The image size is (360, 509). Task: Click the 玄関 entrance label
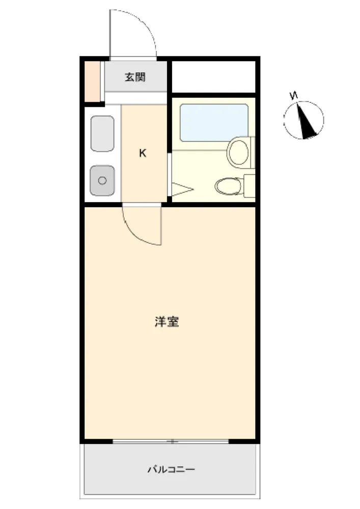pos(135,77)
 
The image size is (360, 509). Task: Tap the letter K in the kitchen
pos(143,153)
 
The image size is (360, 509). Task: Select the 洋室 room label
pos(167,322)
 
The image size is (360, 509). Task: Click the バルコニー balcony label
pos(172,469)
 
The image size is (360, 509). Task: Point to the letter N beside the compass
pos(294,96)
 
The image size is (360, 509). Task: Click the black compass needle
pos(307,121)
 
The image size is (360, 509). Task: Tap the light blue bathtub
pos(214,123)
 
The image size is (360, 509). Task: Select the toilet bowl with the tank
pos(228,186)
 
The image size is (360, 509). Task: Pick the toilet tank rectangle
pos(250,185)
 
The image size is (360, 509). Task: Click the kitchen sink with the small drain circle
pos(102,181)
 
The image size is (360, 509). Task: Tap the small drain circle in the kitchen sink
pos(102,181)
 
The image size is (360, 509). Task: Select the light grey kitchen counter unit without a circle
pos(102,134)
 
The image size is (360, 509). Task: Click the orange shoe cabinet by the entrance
pos(92,81)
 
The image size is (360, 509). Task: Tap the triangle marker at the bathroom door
pos(182,189)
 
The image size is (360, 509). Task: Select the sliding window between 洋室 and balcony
pos(171,441)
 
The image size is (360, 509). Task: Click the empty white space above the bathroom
pos(213,77)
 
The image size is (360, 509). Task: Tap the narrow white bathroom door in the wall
pos(169,174)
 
